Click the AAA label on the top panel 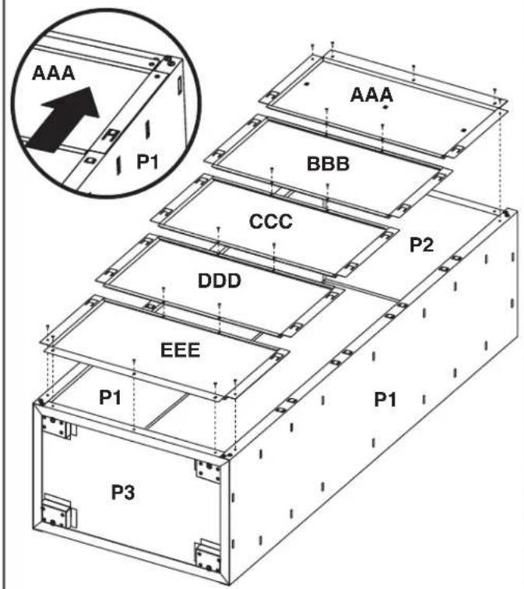coord(371,95)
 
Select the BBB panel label coord(328,164)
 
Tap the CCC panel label coord(271,221)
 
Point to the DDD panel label coord(220,280)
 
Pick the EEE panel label coord(180,350)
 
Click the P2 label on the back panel coord(421,245)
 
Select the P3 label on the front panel coord(123,492)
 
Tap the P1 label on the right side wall coord(385,400)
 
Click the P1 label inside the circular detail coord(147,162)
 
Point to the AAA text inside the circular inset coord(53,73)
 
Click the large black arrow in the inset coord(63,119)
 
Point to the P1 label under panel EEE coord(110,397)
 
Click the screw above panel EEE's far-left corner coord(47,328)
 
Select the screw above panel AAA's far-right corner coord(494,91)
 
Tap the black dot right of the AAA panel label coord(385,108)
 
